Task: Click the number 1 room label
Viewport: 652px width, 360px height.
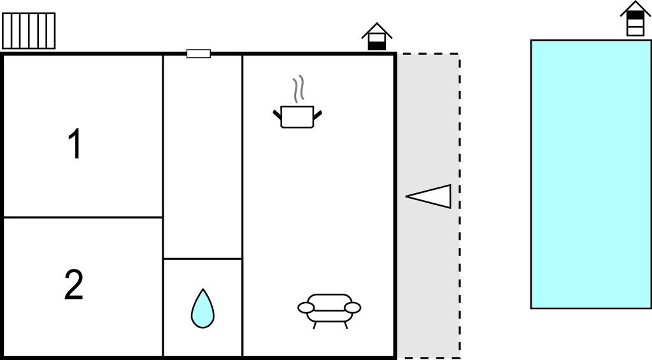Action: pyautogui.click(x=75, y=143)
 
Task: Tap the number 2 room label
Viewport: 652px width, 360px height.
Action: pyautogui.click(x=74, y=285)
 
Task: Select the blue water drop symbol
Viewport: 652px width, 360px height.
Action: pyautogui.click(x=202, y=308)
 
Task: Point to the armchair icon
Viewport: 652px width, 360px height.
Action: pyautogui.click(x=329, y=310)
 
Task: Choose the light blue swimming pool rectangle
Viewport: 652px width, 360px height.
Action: pyautogui.click(x=591, y=174)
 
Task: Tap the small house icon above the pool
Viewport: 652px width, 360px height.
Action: pyautogui.click(x=635, y=18)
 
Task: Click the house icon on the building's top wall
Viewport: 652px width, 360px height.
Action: pyautogui.click(x=377, y=36)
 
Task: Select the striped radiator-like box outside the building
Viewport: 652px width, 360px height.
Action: pyautogui.click(x=29, y=31)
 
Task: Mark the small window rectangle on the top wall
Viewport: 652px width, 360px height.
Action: pyautogui.click(x=199, y=54)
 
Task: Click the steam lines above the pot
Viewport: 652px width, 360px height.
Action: pyautogui.click(x=298, y=89)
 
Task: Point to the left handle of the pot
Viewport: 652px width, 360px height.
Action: pyautogui.click(x=278, y=115)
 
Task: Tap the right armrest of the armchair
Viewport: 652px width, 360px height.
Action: pyautogui.click(x=353, y=308)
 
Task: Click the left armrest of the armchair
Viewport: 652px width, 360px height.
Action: pyautogui.click(x=306, y=308)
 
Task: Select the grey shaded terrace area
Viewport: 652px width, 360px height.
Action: pyautogui.click(x=429, y=206)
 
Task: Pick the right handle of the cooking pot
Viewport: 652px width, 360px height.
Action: pyautogui.click(x=318, y=115)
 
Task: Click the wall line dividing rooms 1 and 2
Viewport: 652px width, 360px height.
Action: pyautogui.click(x=83, y=217)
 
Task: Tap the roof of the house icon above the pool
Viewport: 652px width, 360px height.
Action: pyautogui.click(x=635, y=8)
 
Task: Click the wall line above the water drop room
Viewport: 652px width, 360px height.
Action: pyautogui.click(x=202, y=259)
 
